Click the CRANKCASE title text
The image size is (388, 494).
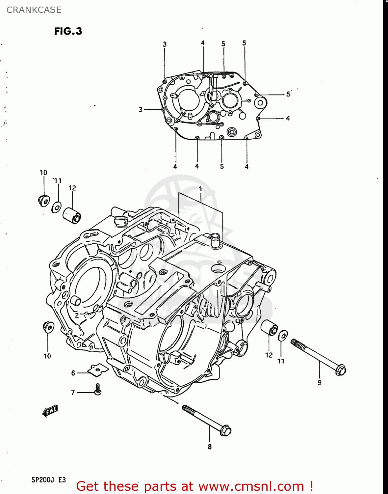coord(34,10)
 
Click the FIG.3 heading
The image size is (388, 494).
coord(68,31)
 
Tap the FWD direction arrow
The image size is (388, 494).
coord(50,411)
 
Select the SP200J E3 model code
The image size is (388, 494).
coord(48,480)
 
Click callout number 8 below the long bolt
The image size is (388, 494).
coord(210,447)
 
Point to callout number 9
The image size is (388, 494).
coord(319,383)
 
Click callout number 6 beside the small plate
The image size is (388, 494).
coord(73,373)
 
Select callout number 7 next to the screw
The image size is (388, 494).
coord(73,392)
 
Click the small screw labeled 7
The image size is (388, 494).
coord(98,390)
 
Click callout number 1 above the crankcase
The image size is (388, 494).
coord(200,189)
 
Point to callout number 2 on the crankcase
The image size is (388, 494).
coord(76,315)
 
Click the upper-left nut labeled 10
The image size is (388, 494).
coord(43,200)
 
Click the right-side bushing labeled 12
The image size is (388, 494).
coord(270,327)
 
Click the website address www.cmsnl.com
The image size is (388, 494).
coord(251,486)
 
